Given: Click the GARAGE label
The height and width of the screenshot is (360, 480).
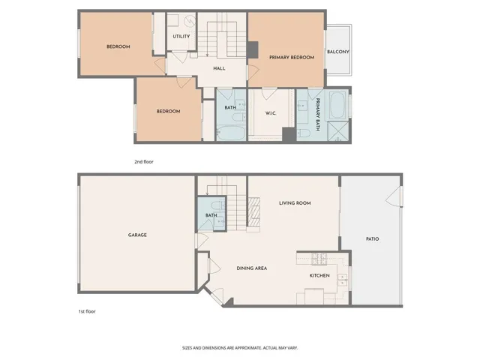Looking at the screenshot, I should pos(137,235).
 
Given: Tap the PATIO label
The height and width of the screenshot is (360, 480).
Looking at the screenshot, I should pos(372,239).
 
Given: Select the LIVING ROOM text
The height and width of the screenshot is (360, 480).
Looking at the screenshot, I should pos(295,203).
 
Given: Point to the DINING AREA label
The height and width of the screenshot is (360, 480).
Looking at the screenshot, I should pos(252,268).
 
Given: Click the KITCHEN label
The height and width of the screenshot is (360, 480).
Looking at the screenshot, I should pos(319,275).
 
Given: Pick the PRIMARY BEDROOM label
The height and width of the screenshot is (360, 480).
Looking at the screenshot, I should pos(291,57).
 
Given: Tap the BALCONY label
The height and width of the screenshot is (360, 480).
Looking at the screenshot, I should pos(337,52).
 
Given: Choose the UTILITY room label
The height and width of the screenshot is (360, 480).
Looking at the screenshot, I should pos(181,36).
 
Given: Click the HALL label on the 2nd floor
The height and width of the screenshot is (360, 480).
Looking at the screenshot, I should pos(219,68).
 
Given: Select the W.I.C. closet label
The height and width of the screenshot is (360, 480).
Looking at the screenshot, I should pos(271,114).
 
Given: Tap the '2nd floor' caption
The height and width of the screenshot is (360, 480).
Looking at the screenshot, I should pos(144,161).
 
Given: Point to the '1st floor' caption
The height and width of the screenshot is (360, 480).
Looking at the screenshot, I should pos(87,310).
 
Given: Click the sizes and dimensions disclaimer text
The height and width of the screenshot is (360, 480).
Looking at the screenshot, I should pos(240,347).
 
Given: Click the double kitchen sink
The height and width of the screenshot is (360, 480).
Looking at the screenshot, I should pos(342,280).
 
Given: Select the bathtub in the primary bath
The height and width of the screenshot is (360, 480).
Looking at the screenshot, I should pos(337,103).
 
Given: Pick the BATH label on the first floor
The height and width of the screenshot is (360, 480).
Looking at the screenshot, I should pos(211,217).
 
